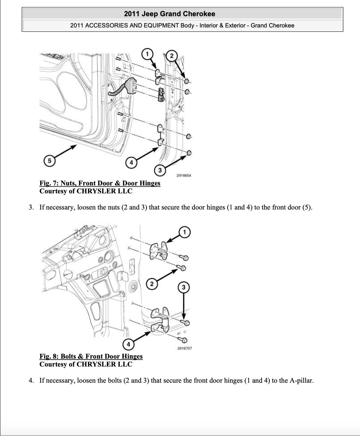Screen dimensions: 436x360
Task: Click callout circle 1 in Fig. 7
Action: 147,54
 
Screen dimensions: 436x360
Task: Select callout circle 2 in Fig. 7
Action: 172,56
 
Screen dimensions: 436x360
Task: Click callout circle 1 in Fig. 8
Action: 184,232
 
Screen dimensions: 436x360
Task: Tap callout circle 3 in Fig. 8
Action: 183,287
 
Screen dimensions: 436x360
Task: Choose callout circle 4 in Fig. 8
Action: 129,345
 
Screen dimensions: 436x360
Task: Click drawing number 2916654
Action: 184,175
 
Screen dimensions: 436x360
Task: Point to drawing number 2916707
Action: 185,348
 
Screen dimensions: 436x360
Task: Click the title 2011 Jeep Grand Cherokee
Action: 169,14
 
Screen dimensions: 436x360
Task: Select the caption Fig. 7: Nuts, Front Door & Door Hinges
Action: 100,183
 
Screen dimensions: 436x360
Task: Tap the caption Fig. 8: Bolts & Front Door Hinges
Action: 91,356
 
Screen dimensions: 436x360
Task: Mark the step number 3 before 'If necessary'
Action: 31,208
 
